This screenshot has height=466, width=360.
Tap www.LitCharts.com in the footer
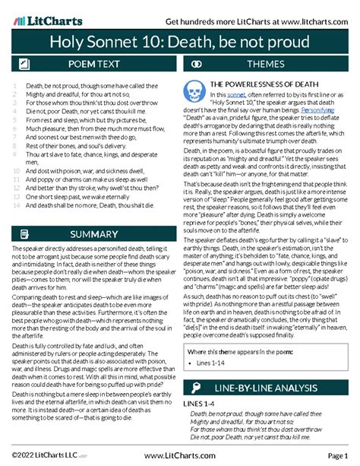click(179, 454)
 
